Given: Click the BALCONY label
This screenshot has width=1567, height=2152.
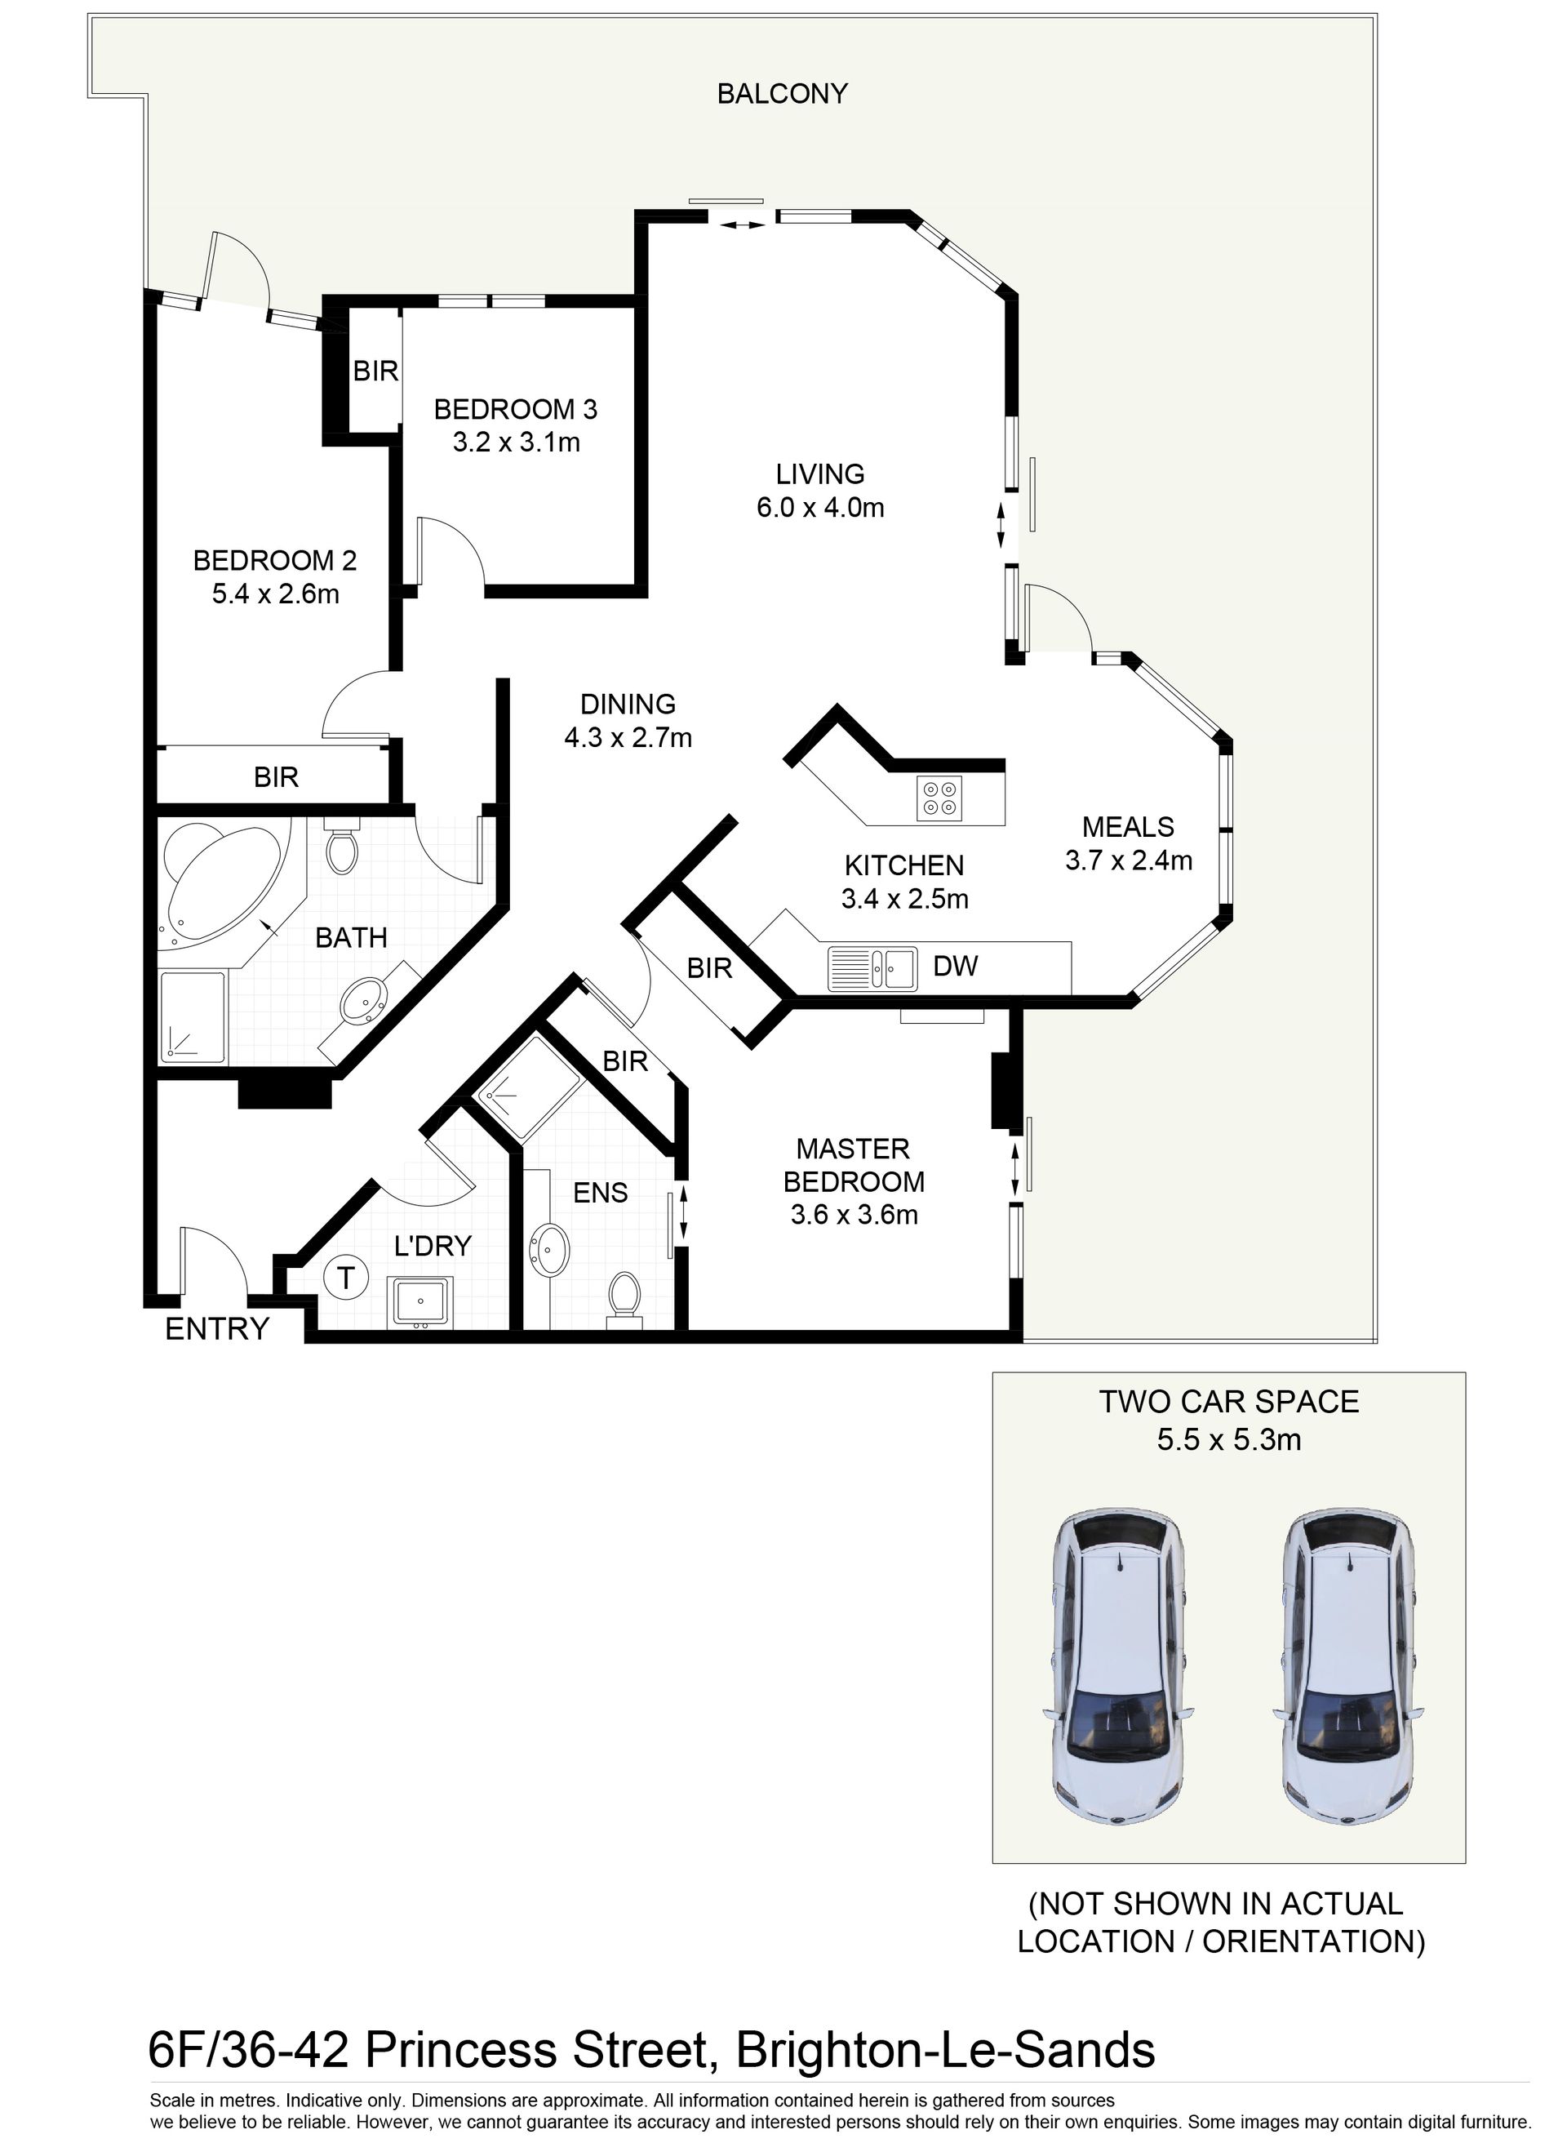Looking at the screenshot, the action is tap(782, 94).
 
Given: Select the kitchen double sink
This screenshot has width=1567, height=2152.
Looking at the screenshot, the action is tap(872, 968).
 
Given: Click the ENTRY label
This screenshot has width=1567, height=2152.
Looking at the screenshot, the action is tap(217, 1329).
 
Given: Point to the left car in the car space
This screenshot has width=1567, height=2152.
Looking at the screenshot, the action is tap(1119, 1666).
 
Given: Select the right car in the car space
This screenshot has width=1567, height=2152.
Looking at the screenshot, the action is tap(1348, 1666).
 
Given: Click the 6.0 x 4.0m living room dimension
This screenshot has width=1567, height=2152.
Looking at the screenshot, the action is tap(820, 508).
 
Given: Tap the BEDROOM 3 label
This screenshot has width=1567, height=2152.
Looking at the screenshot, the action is tap(516, 410).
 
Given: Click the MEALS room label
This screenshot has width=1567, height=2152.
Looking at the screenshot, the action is tap(1128, 827).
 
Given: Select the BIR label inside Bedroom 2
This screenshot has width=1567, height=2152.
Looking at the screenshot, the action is tap(276, 778).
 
